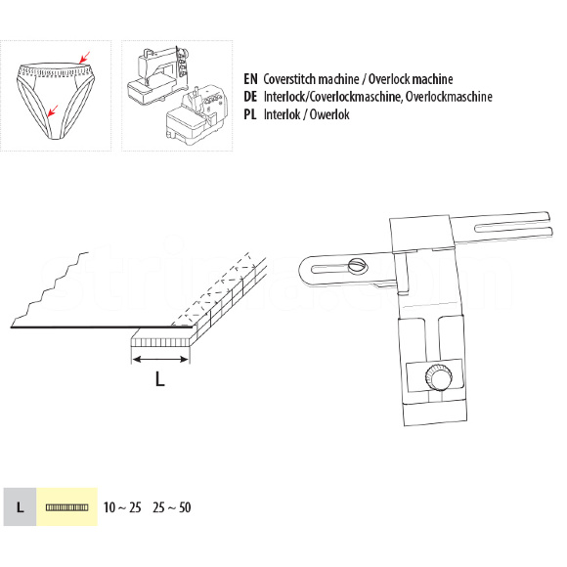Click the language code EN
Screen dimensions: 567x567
250,79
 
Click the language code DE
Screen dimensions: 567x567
250,97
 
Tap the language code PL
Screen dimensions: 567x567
250,114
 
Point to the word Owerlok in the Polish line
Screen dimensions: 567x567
329,114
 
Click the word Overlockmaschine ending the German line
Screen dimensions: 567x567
449,97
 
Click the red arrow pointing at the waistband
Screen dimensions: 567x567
84,57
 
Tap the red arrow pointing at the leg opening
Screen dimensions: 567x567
53,111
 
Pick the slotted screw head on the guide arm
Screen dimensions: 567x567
358,265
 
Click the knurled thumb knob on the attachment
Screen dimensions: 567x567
439,377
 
